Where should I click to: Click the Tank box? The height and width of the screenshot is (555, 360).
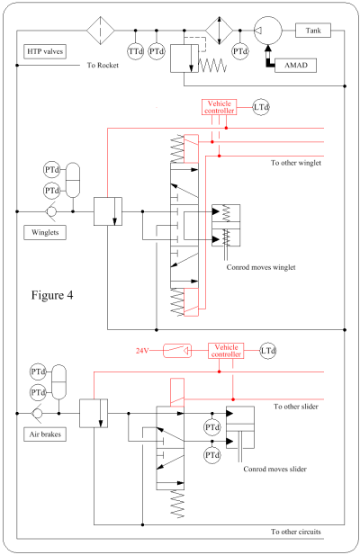tap(314, 31)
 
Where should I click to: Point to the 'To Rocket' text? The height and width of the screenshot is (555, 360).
tap(103, 66)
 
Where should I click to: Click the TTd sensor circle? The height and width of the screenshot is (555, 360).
tap(135, 52)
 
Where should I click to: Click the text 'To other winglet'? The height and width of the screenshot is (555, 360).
tap(297, 163)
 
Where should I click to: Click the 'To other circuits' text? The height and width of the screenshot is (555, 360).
tap(297, 533)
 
